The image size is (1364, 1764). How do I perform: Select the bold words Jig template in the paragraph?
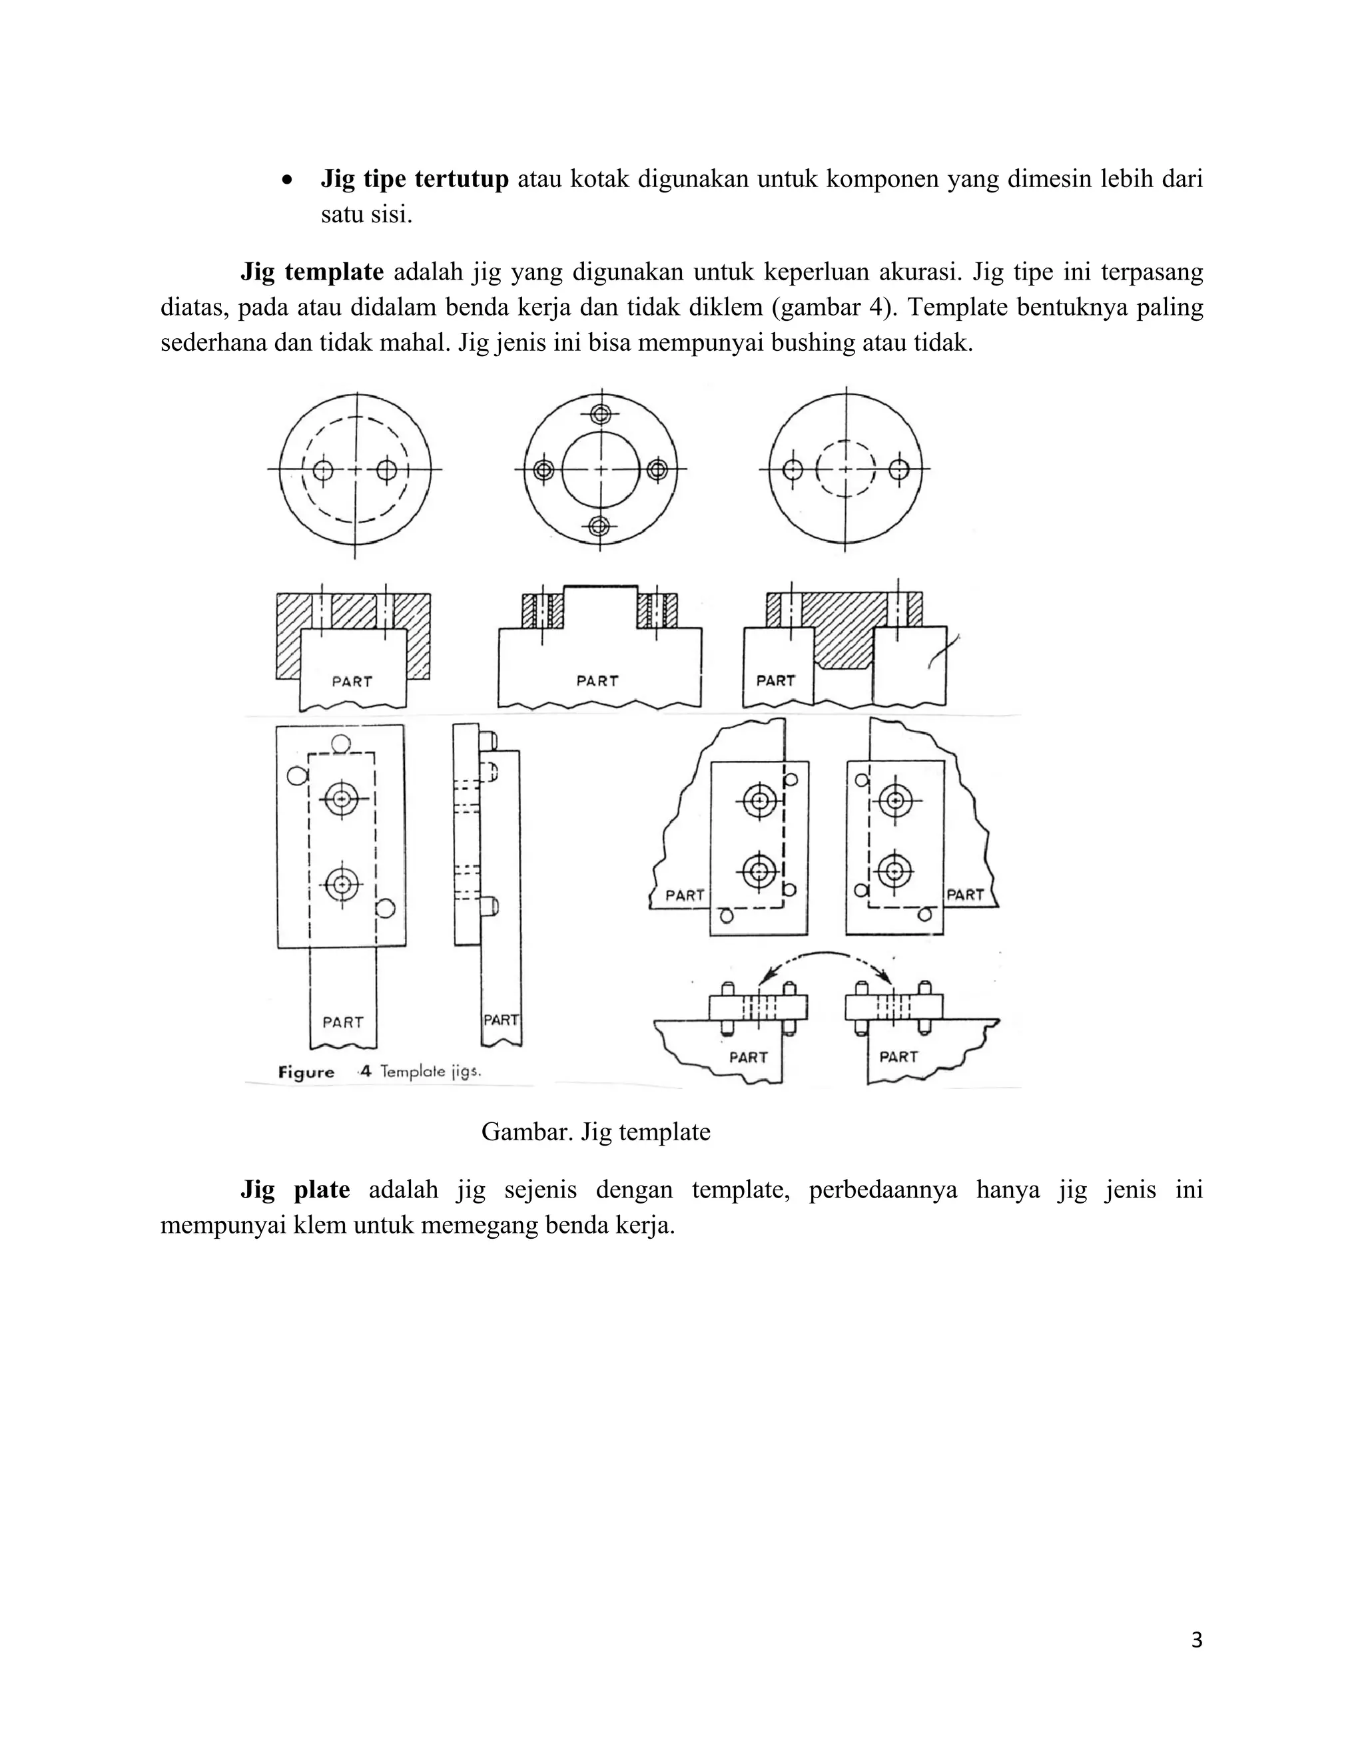(x=312, y=272)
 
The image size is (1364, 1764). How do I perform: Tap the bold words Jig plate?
(x=295, y=1190)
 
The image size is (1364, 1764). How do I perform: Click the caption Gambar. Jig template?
(x=595, y=1132)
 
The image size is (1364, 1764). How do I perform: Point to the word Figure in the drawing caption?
(x=306, y=1072)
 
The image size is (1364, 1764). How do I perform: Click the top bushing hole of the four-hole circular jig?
(x=599, y=414)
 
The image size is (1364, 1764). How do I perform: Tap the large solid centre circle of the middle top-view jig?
(x=599, y=469)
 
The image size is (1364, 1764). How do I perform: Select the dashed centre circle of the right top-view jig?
(x=845, y=469)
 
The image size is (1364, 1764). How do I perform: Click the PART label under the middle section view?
(x=597, y=681)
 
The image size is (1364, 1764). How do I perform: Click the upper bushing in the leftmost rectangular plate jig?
(x=342, y=799)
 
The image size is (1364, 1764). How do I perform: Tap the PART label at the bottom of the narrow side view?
(x=501, y=1020)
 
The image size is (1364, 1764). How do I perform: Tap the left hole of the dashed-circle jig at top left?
(x=323, y=470)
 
